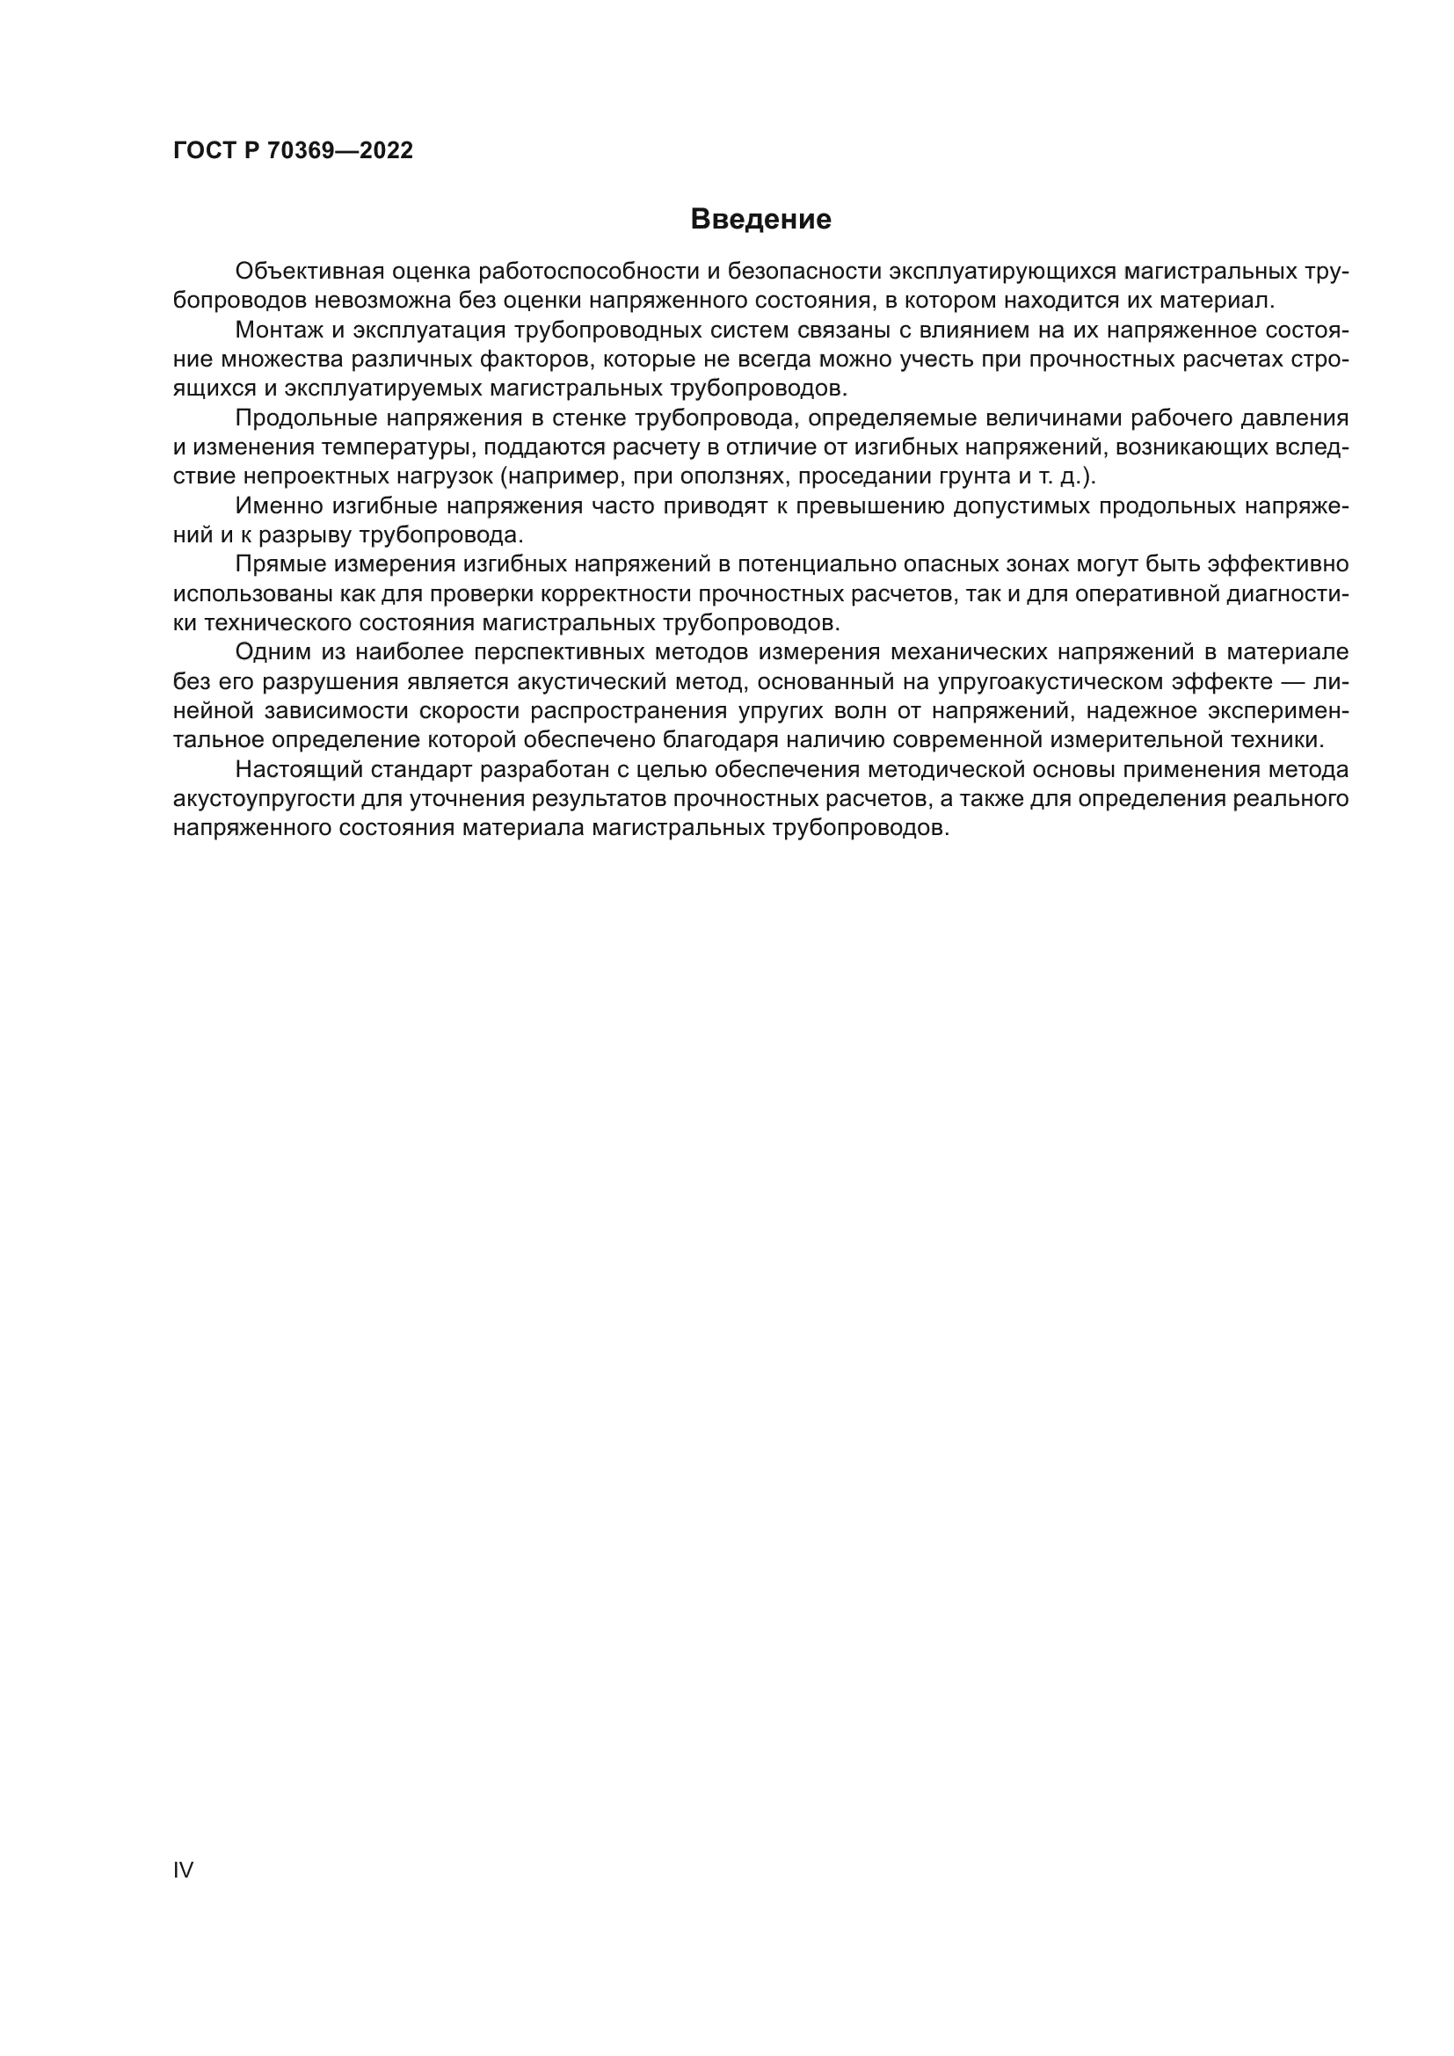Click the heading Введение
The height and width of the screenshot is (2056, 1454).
point(760,220)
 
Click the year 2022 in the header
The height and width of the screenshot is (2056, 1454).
point(387,150)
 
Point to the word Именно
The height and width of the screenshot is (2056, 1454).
point(278,507)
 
